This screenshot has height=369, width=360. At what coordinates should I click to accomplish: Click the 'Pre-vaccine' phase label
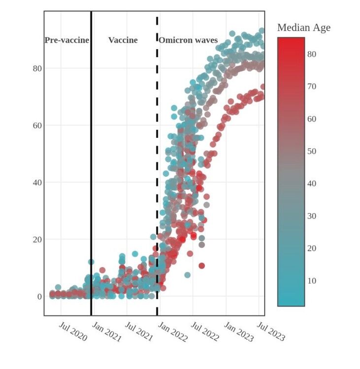[x=66, y=40]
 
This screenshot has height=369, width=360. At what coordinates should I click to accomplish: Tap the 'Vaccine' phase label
[x=123, y=40]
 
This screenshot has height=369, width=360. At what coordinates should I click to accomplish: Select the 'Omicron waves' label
[x=188, y=40]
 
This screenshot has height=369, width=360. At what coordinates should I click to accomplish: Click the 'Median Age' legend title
[x=303, y=28]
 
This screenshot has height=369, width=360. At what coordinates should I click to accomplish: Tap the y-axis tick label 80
[x=37, y=68]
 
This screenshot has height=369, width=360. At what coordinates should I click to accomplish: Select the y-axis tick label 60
[x=37, y=125]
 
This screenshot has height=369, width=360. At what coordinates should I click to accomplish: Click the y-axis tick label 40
[x=37, y=183]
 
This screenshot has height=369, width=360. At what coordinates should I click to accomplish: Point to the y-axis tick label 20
[x=37, y=240]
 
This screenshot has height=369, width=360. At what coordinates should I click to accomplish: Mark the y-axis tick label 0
[x=39, y=297]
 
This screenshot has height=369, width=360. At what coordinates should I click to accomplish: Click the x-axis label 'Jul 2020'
[x=73, y=331]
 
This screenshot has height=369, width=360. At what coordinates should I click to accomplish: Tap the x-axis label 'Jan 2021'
[x=106, y=331]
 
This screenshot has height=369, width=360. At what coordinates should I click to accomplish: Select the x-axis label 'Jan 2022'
[x=172, y=331]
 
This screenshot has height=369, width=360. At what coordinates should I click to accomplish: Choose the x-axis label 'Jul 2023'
[x=271, y=331]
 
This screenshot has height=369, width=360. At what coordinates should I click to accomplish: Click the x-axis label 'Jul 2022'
[x=205, y=331]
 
